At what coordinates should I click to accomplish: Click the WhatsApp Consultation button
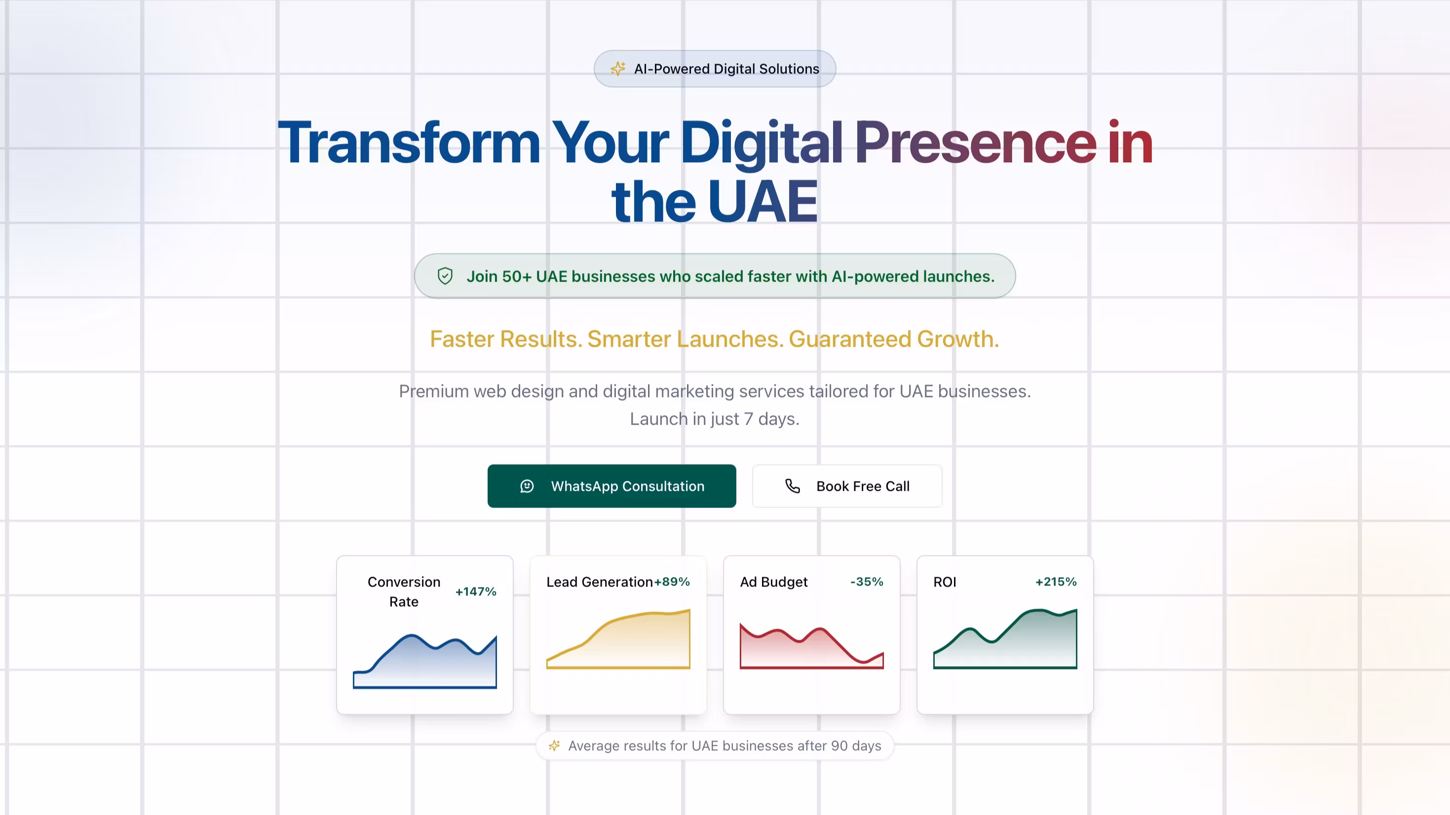click(612, 486)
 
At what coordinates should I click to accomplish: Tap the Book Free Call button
click(847, 486)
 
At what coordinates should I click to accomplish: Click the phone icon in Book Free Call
click(793, 486)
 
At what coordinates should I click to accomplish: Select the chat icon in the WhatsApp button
click(527, 486)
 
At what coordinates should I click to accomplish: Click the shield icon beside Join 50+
click(445, 276)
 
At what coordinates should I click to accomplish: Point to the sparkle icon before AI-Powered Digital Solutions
click(618, 69)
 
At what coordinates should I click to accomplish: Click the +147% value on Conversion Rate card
click(476, 592)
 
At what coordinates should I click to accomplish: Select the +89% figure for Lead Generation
click(672, 582)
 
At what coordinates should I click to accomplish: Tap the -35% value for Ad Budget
click(867, 582)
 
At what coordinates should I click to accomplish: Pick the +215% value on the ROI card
click(1056, 582)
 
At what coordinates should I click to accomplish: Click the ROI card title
click(945, 582)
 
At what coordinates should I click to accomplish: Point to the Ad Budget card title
click(774, 582)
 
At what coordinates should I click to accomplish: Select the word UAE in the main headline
click(763, 201)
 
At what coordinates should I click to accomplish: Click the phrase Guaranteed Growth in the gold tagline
click(894, 339)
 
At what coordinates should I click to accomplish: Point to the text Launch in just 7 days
click(714, 419)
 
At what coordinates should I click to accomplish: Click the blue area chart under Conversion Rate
click(425, 662)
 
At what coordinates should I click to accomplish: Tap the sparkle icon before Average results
click(554, 746)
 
